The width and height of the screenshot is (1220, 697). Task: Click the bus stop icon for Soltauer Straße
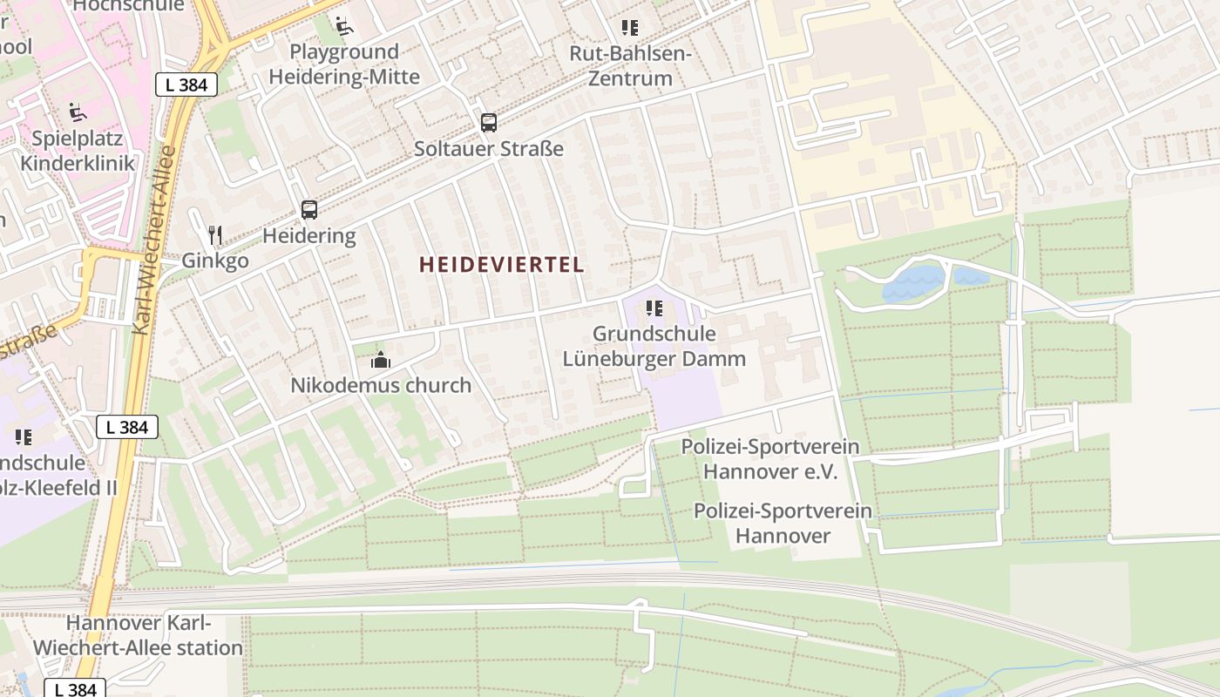(488, 122)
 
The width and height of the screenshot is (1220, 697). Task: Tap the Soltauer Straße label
(488, 149)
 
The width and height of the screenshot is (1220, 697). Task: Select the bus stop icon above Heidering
(309, 209)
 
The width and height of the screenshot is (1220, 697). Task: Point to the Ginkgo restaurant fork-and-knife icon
(215, 234)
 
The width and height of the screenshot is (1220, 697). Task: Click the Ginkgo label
(215, 261)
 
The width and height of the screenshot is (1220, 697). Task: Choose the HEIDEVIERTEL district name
(502, 265)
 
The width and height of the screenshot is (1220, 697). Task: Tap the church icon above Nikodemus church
(381, 359)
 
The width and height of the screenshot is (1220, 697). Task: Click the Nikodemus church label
(381, 385)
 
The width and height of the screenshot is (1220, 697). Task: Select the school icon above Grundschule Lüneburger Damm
(654, 308)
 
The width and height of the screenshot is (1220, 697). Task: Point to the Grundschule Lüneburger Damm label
(654, 346)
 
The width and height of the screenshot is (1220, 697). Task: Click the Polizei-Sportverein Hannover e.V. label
(770, 459)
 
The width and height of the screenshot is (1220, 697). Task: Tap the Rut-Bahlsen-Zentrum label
(630, 66)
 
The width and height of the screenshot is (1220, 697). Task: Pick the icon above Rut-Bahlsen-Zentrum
(630, 27)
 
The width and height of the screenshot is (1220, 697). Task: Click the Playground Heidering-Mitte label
(344, 64)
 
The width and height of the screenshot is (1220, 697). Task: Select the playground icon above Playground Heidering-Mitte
(344, 26)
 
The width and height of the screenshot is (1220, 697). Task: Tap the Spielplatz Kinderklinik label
(78, 151)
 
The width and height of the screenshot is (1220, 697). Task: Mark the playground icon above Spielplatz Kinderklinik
(78, 112)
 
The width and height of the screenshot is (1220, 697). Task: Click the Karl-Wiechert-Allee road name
(156, 240)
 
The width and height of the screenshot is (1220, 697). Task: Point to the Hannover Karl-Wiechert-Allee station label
(139, 635)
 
